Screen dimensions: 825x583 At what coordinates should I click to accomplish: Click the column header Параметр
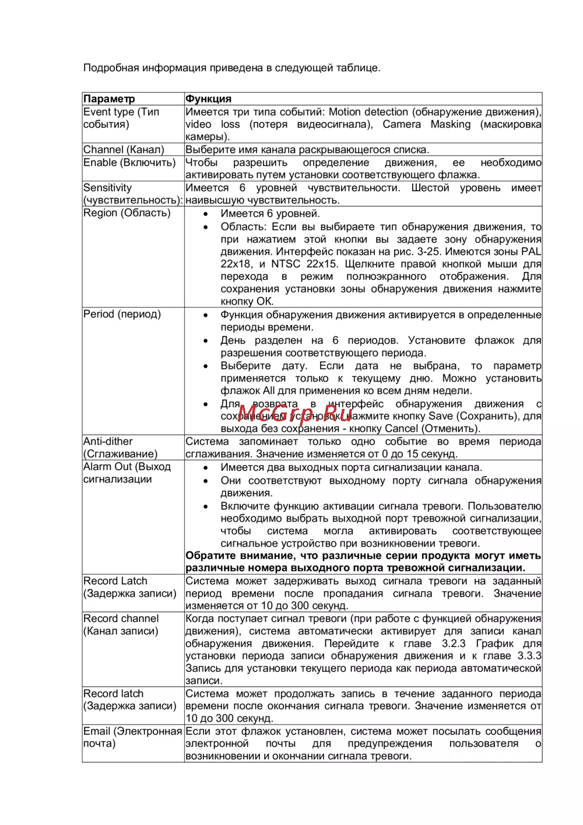pyautogui.click(x=109, y=99)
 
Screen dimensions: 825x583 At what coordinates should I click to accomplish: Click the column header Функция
pyautogui.click(x=208, y=99)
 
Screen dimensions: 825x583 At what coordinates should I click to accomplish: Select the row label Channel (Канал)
pyautogui.click(x=124, y=149)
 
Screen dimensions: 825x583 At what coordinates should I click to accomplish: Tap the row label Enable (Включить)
pyautogui.click(x=129, y=162)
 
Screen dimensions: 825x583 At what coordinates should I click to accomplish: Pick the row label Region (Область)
pyautogui.click(x=127, y=213)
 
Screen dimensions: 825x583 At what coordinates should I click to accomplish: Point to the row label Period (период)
pyautogui.click(x=122, y=314)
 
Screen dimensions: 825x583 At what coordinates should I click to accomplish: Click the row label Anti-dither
pyautogui.click(x=108, y=441)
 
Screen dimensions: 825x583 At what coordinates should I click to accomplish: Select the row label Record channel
pyautogui.click(x=121, y=618)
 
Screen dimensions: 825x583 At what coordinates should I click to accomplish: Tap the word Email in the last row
pyautogui.click(x=97, y=731)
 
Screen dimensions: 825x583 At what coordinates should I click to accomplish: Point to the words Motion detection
pyautogui.click(x=368, y=111)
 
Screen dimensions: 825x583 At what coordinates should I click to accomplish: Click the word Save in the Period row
pyautogui.click(x=441, y=416)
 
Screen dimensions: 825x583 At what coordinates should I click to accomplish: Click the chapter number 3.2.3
pyautogui.click(x=454, y=643)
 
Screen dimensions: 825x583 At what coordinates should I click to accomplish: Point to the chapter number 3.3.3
pyautogui.click(x=529, y=656)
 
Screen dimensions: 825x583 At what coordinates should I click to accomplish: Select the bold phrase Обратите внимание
pyautogui.click(x=234, y=555)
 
